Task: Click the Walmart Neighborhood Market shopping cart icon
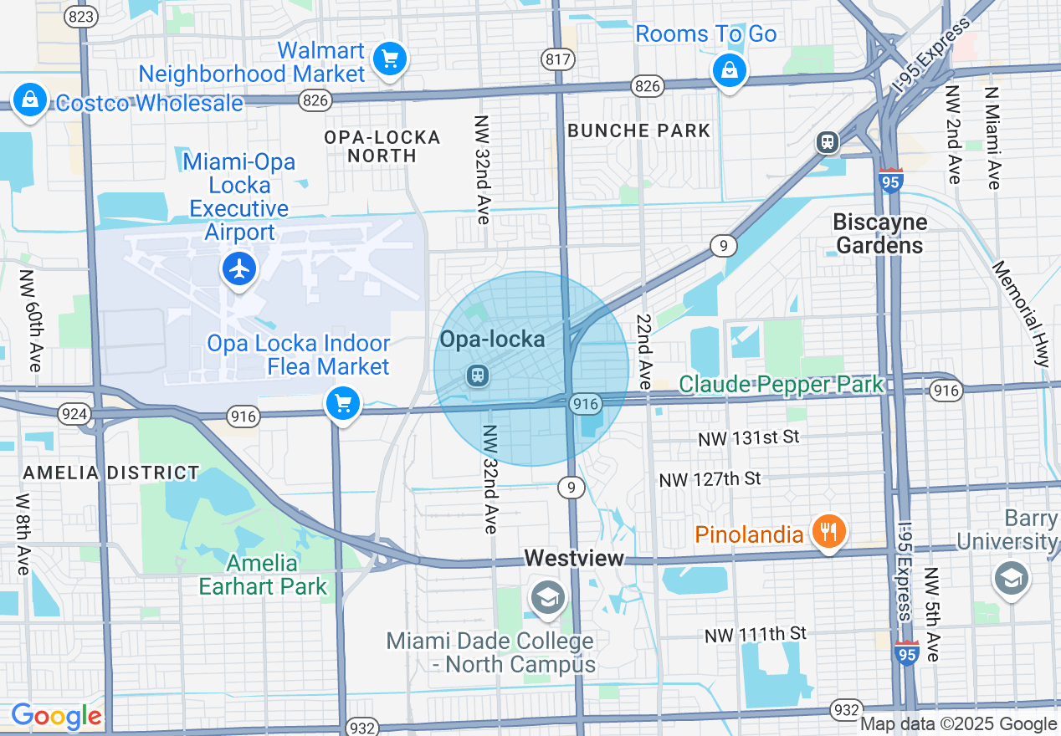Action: click(x=390, y=59)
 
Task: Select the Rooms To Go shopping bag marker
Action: click(x=730, y=70)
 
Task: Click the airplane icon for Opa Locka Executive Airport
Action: click(x=240, y=269)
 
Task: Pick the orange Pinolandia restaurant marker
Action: click(x=828, y=531)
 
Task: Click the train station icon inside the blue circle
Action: click(x=478, y=376)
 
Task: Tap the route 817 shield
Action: click(x=557, y=59)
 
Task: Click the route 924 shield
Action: click(x=69, y=413)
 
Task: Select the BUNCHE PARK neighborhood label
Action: click(x=638, y=130)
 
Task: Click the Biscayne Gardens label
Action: click(x=879, y=233)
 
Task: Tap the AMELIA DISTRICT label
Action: click(x=111, y=473)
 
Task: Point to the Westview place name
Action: click(x=574, y=558)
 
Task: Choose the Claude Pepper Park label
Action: click(x=781, y=385)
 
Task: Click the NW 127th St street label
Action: click(x=710, y=479)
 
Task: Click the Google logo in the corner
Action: click(x=56, y=716)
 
